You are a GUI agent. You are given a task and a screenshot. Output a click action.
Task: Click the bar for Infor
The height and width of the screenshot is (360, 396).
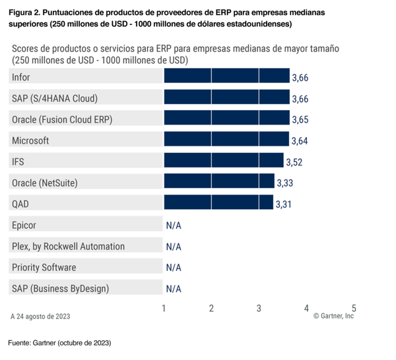[x=226, y=77]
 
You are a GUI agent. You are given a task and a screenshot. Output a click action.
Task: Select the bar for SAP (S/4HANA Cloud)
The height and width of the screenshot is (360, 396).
[x=226, y=98]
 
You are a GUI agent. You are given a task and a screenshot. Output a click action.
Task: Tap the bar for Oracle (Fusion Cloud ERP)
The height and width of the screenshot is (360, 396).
[x=226, y=119]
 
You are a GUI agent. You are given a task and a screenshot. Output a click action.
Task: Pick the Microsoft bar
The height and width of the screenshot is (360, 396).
[x=226, y=140]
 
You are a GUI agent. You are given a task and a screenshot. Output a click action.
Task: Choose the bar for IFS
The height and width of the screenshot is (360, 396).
[x=223, y=162]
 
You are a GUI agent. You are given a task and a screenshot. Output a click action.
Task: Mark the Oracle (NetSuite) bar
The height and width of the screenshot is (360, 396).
[x=218, y=183]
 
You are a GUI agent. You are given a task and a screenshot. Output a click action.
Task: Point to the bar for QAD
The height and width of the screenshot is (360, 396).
[x=218, y=204]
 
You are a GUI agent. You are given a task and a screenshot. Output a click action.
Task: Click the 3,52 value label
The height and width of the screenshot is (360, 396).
[x=294, y=162]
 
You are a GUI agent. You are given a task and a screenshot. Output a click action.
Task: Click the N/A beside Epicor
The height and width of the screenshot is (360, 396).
[x=174, y=225]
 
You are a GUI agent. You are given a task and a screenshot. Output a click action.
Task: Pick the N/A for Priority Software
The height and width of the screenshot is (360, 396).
[x=174, y=268]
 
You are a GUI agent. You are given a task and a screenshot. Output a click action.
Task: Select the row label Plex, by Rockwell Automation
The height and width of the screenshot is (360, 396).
[x=68, y=246]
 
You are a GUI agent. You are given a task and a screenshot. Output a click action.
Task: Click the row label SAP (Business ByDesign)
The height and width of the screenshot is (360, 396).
[x=60, y=288]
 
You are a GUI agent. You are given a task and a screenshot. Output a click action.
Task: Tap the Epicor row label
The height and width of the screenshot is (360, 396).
[x=24, y=225]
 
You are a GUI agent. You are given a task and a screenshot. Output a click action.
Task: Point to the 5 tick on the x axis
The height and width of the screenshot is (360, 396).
[x=354, y=308]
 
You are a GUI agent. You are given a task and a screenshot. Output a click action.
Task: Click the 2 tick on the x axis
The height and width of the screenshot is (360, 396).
[x=211, y=308]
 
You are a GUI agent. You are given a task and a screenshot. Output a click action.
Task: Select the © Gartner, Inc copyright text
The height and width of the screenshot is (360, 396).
[x=333, y=316]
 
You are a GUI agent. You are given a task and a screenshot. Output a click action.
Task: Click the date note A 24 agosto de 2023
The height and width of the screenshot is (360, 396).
[x=40, y=316]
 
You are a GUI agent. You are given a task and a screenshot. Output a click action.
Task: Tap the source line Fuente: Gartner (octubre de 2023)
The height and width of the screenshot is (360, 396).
[x=59, y=344]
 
